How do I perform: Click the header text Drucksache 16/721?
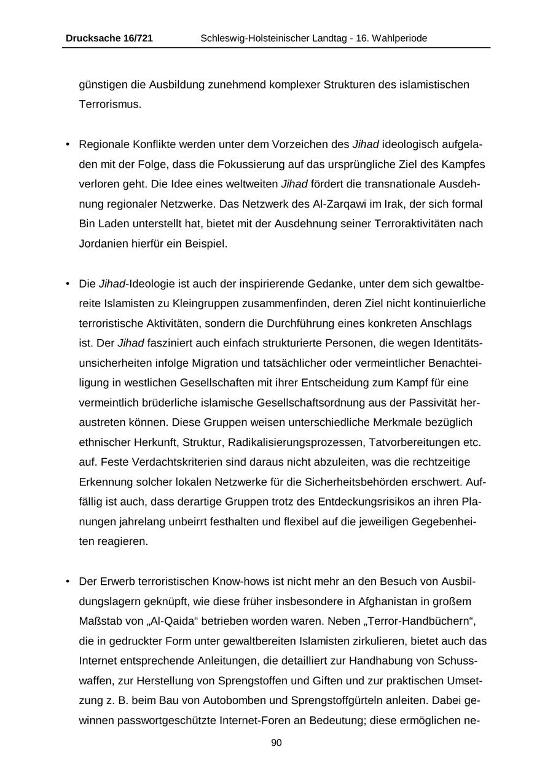click(x=109, y=39)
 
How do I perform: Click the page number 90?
click(x=276, y=743)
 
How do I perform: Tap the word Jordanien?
click(x=103, y=243)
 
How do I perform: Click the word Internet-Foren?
click(x=253, y=720)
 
